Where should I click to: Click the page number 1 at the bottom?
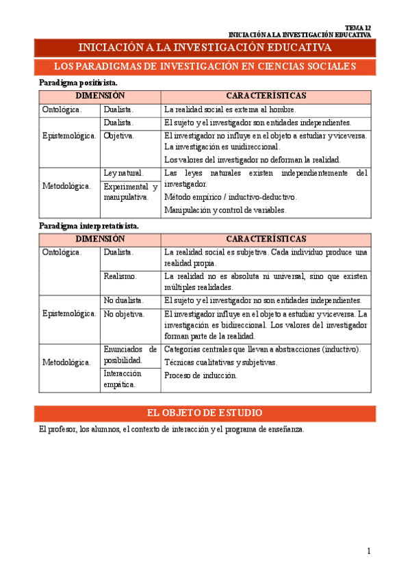coord(368,551)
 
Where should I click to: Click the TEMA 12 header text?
coord(358,27)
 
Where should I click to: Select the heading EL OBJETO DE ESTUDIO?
coord(205,413)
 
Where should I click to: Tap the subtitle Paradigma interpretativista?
coord(89,225)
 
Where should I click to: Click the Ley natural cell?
coord(123,173)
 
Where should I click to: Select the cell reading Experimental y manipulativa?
coord(130,192)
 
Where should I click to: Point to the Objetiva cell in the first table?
coord(119,135)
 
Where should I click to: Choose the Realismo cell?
coord(120,276)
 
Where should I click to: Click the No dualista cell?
coord(124,300)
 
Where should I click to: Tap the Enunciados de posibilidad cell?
coord(130,354)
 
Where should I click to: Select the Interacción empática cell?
coord(123,379)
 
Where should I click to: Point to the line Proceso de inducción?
coord(201,375)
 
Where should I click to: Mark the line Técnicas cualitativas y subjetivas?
coord(221,362)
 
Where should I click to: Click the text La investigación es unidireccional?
coord(222,146)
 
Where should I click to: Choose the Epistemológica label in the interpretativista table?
coord(69,313)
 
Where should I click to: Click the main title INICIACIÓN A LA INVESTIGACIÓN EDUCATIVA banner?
coord(205,47)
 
